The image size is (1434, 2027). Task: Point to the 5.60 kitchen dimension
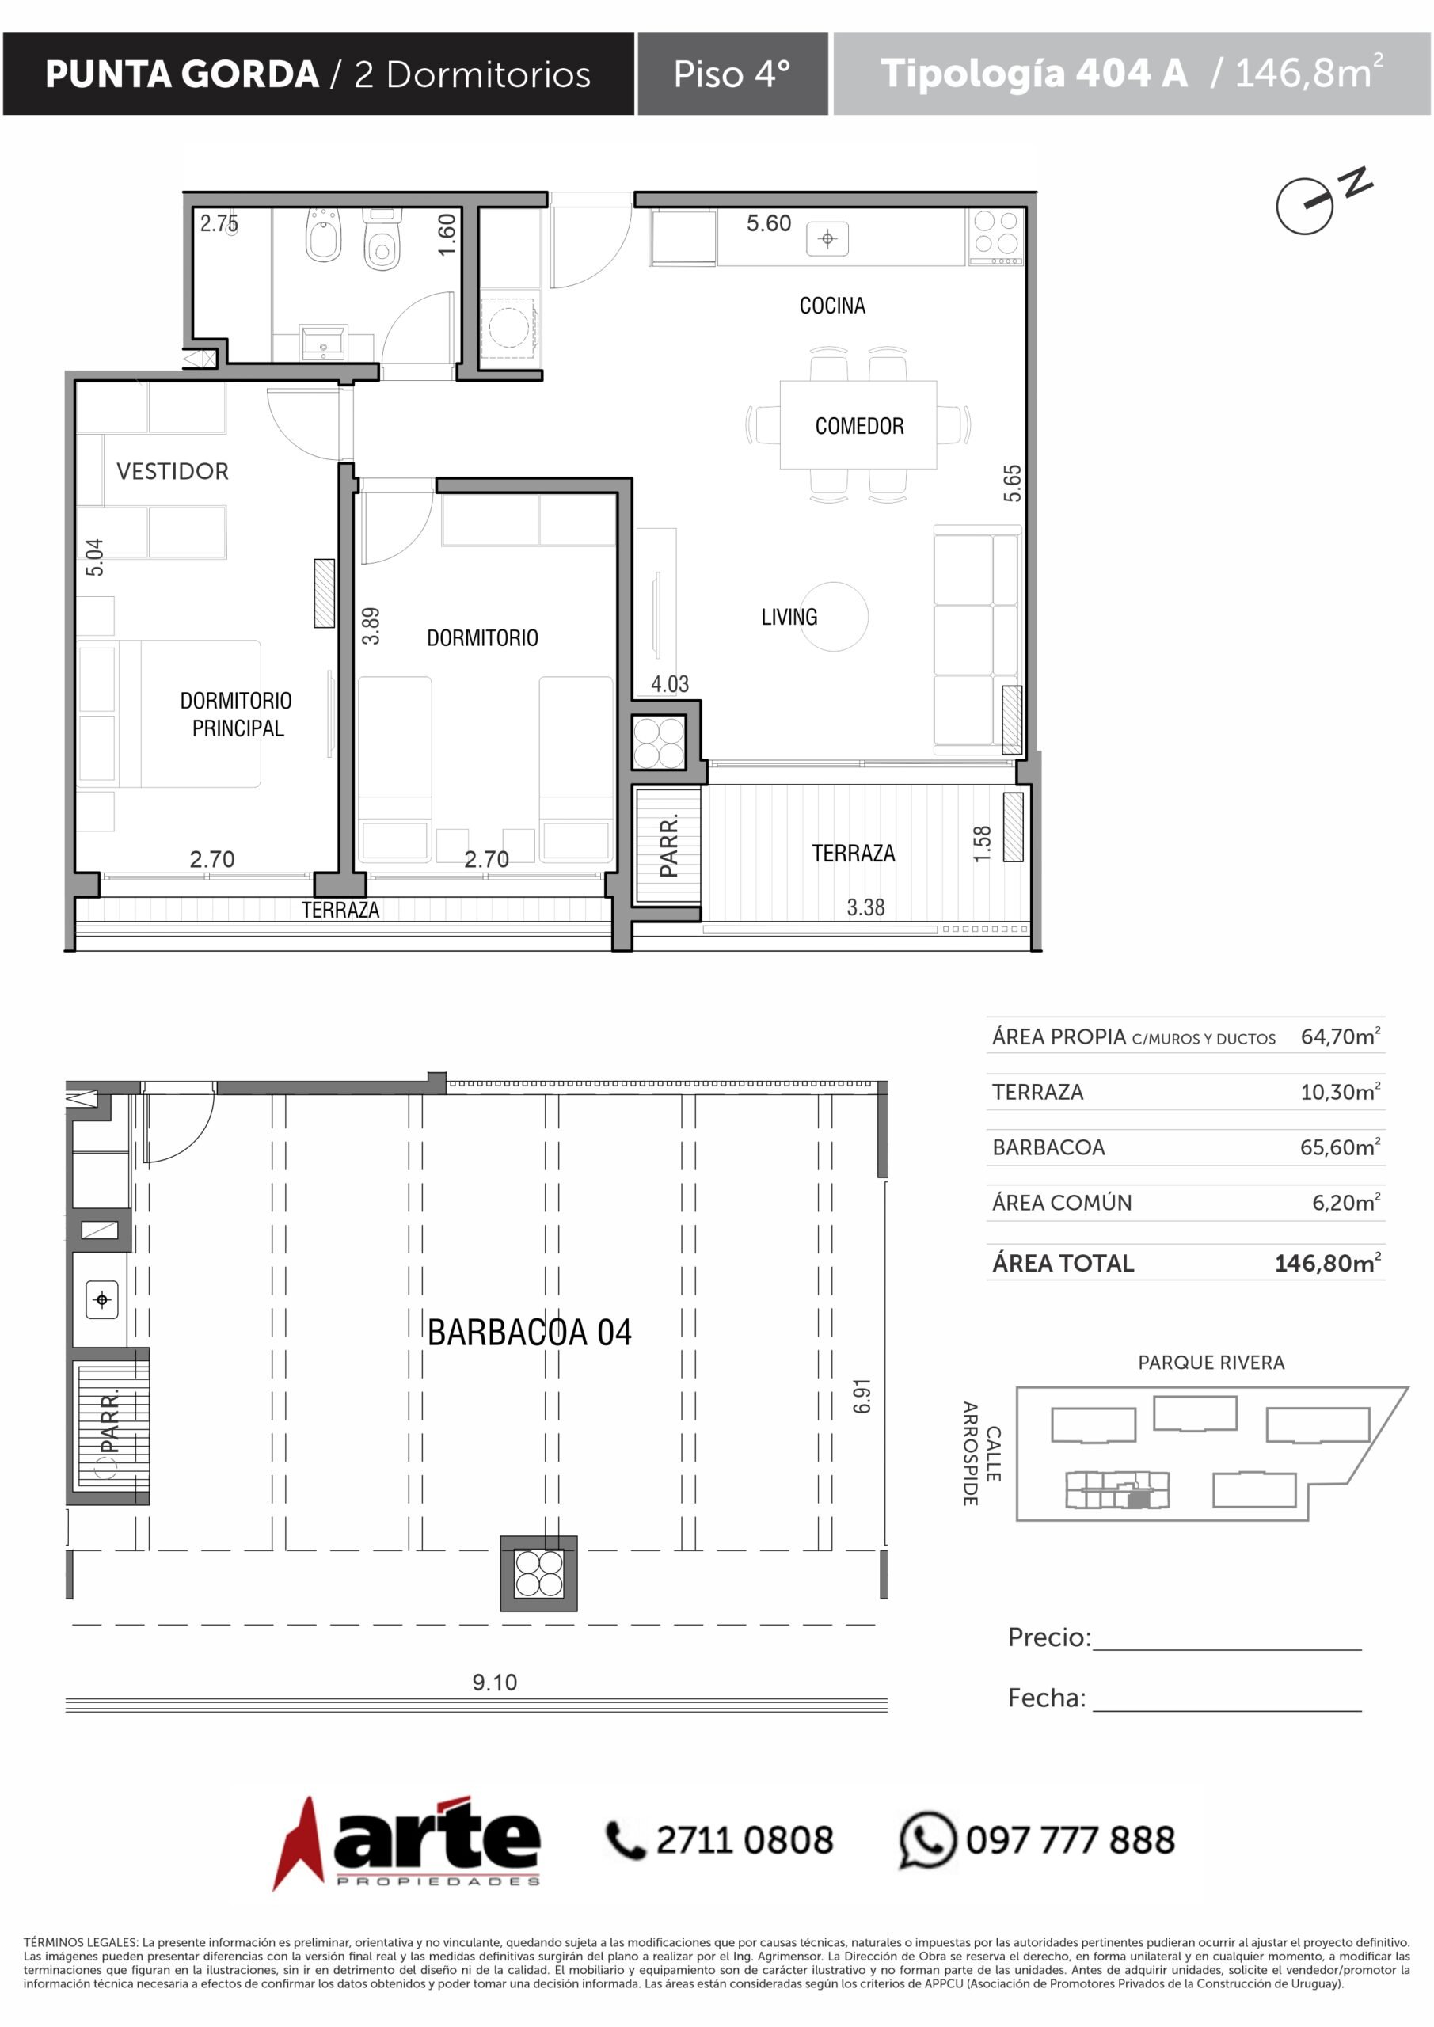coord(768,223)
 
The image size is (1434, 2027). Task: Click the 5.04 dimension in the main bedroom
coord(94,557)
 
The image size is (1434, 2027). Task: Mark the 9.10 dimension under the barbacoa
coord(494,1682)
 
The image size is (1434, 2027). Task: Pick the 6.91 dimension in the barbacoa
coord(862,1396)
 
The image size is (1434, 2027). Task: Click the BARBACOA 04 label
coord(530,1333)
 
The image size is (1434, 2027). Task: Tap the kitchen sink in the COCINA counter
coord(827,238)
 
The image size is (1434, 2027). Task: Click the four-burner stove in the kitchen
coord(996,235)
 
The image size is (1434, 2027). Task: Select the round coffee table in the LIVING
coord(833,616)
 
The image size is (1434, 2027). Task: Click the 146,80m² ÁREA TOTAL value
coord(1327,1262)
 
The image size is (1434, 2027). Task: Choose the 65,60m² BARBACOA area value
coord(1340,1147)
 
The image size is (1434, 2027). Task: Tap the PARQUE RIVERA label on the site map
coord(1211,1362)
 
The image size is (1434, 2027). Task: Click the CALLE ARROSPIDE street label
coord(981,1453)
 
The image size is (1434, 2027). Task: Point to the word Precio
coord(1049,1637)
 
